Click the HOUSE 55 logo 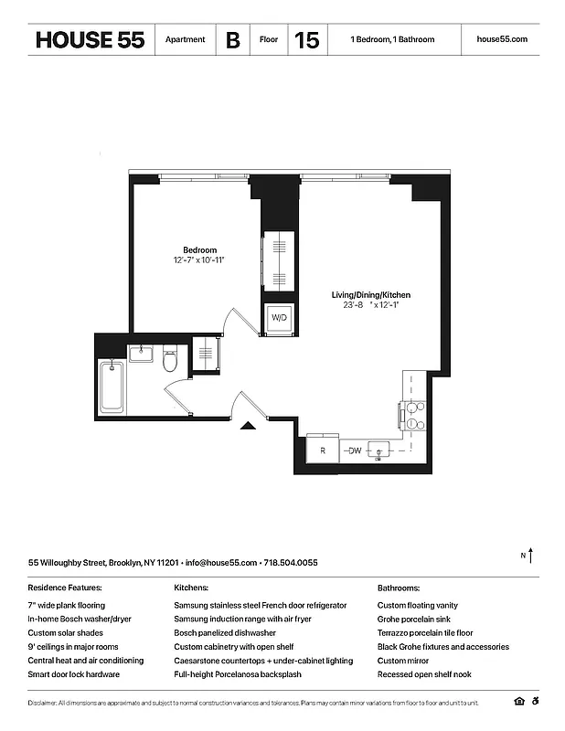pos(90,40)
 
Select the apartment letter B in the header pos(233,40)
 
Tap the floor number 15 pos(306,40)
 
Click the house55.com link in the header pos(502,40)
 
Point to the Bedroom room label pos(199,250)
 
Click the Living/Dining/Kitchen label pos(370,295)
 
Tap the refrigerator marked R pos(323,450)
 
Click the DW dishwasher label pos(354,450)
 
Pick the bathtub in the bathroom pos(112,386)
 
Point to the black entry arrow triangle pos(246,425)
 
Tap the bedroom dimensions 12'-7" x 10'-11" pos(199,260)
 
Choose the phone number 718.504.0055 pos(293,563)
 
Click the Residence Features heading pos(65,588)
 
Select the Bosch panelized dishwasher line pos(224,633)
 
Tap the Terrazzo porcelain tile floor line pos(425,633)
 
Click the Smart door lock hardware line pos(75,674)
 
